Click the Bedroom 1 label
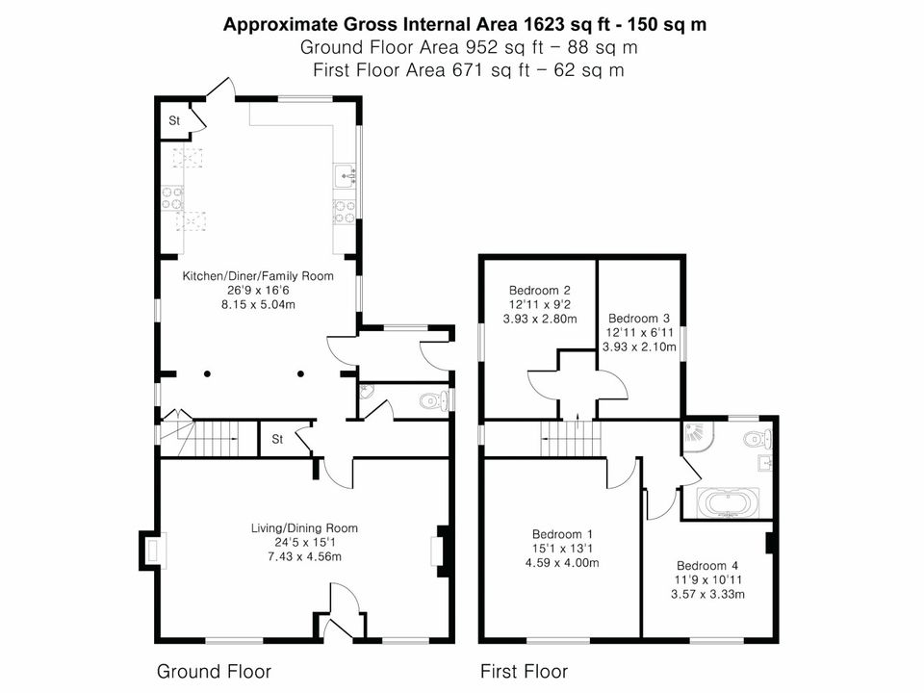pos(562,534)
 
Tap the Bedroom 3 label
pos(639,319)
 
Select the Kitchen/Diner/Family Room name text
pos(258,276)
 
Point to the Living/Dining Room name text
pos(304,528)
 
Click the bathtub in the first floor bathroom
pos(729,503)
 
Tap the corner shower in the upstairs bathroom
pos(695,434)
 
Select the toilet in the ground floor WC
pos(435,401)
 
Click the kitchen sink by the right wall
pos(345,175)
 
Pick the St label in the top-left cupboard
pos(174,121)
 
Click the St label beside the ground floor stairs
pos(277,439)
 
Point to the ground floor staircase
pos(209,438)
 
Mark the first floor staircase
pos(571,438)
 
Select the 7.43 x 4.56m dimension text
pos(304,556)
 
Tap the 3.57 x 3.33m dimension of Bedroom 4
pos(707,594)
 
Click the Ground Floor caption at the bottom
pos(214,671)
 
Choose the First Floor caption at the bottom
pos(524,671)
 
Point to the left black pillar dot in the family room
pos(208,373)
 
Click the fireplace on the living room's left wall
pos(152,551)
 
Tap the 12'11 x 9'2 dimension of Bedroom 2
pos(540,305)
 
